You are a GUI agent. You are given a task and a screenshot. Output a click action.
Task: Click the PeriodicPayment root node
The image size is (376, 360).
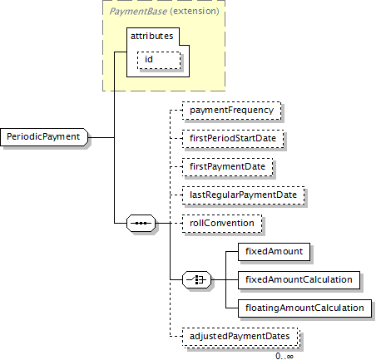coord(44,137)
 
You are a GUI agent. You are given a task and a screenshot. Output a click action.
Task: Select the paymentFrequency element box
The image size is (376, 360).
coord(231,111)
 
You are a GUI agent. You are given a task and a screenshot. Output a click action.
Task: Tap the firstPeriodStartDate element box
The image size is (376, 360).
coord(233,139)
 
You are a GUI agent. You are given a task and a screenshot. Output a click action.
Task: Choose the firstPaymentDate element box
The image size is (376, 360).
coord(227,167)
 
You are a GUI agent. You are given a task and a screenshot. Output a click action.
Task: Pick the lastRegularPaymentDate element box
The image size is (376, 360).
coord(243,195)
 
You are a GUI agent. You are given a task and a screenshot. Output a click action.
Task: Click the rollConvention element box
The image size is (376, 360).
coord(222,224)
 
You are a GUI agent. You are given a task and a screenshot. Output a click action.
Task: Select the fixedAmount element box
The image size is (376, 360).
coord(274,252)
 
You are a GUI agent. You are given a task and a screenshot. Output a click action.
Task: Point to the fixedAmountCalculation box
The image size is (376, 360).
coord(299,280)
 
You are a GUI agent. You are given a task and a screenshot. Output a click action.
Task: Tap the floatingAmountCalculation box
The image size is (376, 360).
coord(304,308)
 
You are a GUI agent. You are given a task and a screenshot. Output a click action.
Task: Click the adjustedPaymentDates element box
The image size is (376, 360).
coord(240,337)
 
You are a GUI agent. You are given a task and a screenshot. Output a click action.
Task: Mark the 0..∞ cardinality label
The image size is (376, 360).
coord(284,356)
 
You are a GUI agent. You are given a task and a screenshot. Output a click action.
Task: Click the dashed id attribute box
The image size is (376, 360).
coord(159,60)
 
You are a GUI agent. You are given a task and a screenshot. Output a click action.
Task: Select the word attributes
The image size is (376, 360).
coord(152,36)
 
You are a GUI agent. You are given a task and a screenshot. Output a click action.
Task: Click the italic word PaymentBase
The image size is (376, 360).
coord(138,12)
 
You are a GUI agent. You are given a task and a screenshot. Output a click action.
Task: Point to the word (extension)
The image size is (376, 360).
coord(195,11)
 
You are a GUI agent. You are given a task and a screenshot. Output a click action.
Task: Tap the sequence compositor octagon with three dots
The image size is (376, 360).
coord(141,223)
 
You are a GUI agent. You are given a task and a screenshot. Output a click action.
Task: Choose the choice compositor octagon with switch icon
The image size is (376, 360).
coord(196,279)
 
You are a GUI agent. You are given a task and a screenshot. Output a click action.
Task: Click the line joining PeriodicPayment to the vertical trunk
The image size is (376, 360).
coord(101,137)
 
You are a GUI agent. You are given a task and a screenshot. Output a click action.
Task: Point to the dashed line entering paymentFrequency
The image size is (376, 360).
coord(176,111)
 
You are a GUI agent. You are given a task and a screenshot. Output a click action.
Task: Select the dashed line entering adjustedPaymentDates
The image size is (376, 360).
coord(176,337)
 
